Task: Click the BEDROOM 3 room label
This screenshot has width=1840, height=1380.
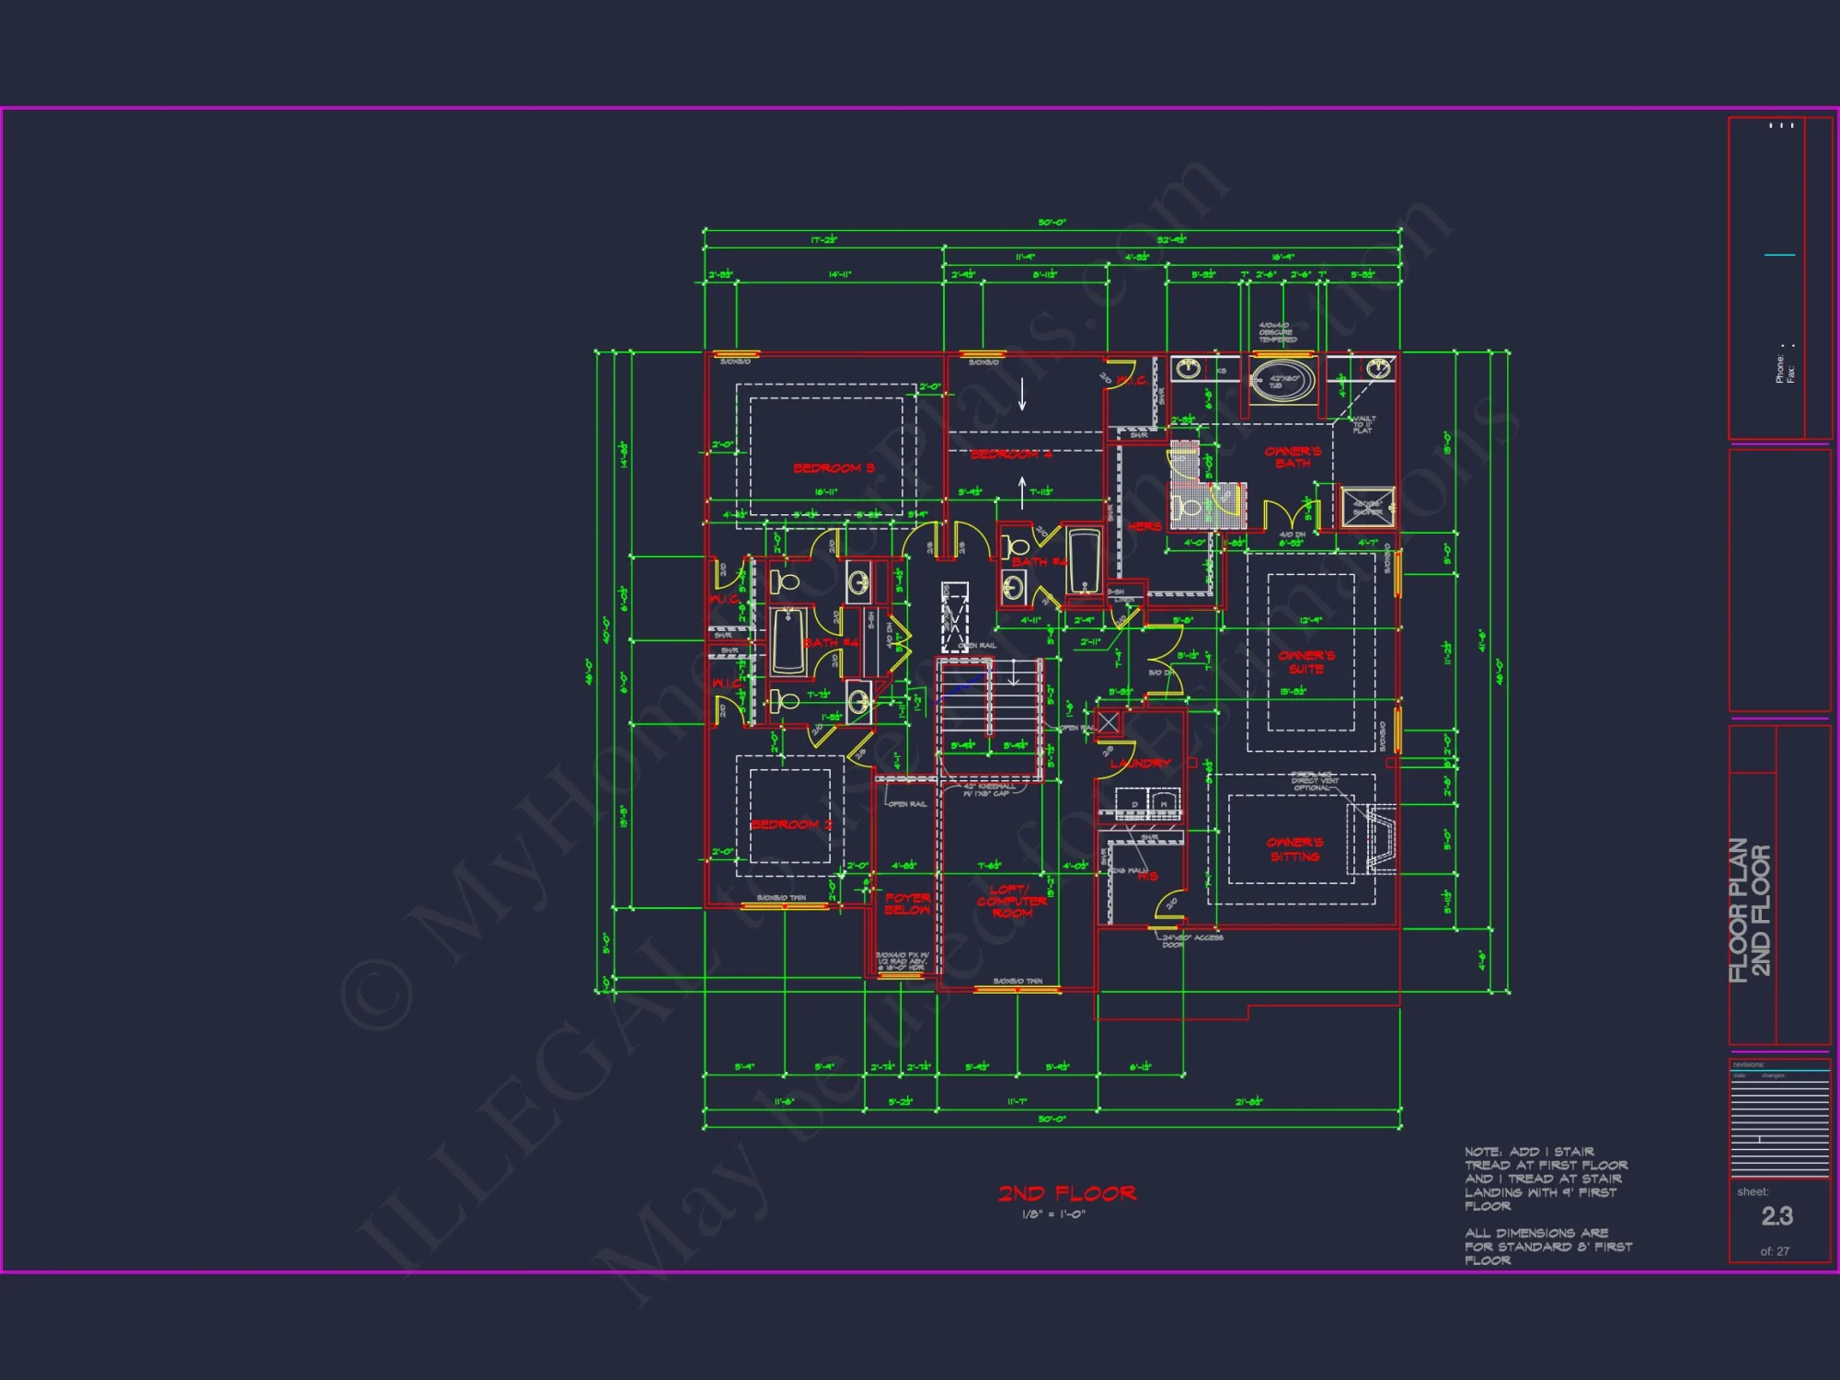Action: tap(834, 468)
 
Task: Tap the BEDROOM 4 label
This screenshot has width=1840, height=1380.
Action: tap(1011, 454)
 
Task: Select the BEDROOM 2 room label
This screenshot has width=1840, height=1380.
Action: tap(791, 824)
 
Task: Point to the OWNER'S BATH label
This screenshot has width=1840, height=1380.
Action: tap(1293, 457)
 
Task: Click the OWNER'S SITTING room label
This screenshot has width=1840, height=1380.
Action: tap(1294, 849)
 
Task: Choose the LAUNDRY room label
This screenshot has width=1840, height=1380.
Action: tap(1140, 764)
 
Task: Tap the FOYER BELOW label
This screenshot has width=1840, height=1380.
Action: tap(907, 903)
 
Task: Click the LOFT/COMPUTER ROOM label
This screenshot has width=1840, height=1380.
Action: tap(1012, 902)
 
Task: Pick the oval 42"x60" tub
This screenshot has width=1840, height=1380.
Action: tap(1282, 380)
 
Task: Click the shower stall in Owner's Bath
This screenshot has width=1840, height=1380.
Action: tap(1367, 507)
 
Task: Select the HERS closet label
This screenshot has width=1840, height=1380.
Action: tap(1144, 526)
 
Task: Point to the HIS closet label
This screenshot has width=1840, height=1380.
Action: tap(1147, 876)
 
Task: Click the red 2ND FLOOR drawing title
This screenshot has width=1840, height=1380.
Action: tap(1067, 1193)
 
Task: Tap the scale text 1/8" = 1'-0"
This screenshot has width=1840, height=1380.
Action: tap(1053, 1214)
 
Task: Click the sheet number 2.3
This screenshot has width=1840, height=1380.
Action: tap(1777, 1216)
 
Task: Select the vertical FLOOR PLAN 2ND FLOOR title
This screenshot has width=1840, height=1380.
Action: tap(1750, 910)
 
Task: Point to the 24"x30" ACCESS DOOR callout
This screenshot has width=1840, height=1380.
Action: tap(1191, 940)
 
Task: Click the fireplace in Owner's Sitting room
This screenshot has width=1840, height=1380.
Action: tap(1377, 837)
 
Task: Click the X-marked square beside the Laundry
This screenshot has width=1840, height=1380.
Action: tap(1109, 722)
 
